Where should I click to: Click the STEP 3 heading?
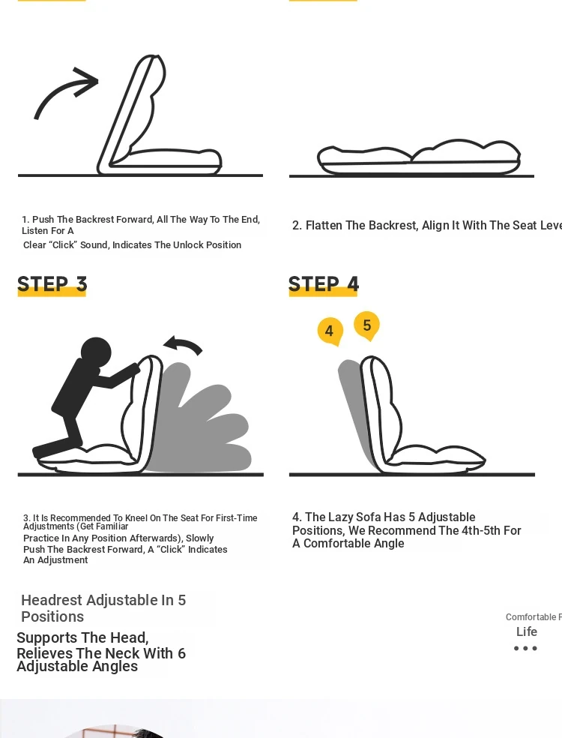52,284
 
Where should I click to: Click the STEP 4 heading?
324,284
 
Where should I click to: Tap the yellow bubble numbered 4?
330,331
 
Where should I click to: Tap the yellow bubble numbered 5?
367,325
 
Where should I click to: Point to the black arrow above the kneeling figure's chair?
184,344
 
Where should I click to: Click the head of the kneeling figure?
96,352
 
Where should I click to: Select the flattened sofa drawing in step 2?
419,157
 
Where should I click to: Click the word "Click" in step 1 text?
62,244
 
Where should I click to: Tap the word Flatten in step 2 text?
324,226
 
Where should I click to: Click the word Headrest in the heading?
52,600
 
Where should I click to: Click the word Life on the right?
527,631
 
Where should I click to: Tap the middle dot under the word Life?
525,648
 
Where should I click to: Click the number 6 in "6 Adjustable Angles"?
181,653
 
